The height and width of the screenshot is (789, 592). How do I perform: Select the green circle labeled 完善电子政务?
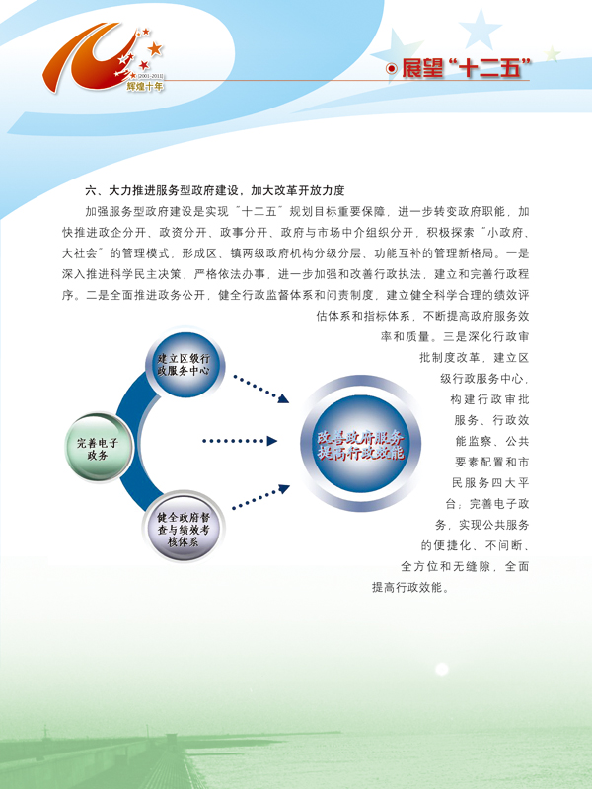(99, 448)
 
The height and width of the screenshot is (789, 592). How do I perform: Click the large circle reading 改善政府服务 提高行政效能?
(360, 444)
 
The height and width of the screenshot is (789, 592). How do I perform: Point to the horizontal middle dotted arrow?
(240, 441)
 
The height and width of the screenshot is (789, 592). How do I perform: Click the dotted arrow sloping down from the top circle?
(261, 389)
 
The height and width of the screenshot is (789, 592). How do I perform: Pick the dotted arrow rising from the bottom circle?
(261, 496)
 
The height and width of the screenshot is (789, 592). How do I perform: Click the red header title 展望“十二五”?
(466, 68)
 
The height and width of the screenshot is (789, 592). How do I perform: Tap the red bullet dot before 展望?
(391, 69)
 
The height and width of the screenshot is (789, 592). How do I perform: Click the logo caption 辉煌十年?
(145, 87)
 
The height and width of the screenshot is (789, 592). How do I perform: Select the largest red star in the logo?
(155, 48)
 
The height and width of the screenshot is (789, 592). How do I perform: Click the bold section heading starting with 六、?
(215, 190)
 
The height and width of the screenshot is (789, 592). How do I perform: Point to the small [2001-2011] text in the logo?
(151, 77)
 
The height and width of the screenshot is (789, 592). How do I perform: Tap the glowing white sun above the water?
(441, 669)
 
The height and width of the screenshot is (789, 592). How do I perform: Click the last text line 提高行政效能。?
(410, 587)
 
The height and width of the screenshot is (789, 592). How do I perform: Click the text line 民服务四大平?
(490, 483)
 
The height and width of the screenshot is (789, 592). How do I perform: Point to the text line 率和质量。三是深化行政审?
(455, 336)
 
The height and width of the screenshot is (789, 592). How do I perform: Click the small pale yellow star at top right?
(553, 53)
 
